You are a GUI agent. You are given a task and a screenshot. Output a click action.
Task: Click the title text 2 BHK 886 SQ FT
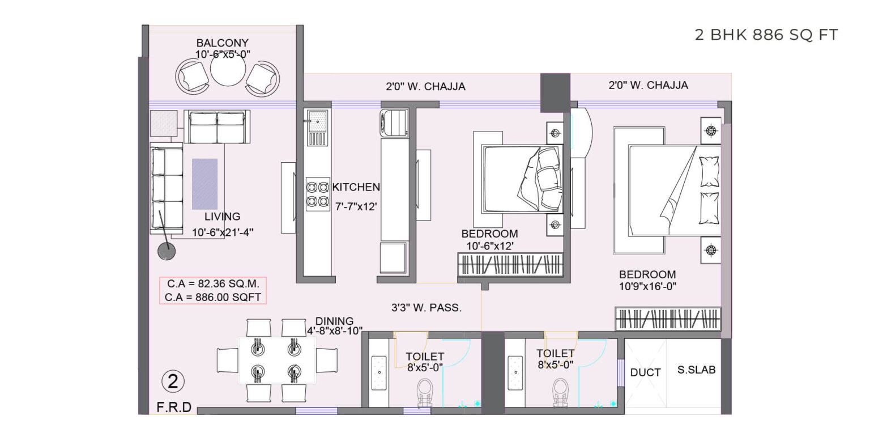click(x=766, y=35)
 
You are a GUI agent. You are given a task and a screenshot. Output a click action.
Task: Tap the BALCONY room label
click(x=222, y=43)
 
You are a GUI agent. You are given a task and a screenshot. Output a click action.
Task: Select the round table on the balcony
click(x=228, y=69)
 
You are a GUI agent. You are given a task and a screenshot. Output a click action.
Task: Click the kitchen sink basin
click(x=318, y=121)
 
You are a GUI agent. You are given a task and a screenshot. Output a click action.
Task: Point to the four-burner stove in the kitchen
click(x=318, y=194)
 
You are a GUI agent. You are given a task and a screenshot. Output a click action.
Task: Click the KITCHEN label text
click(x=356, y=187)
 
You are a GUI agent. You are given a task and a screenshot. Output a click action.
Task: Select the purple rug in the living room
click(x=204, y=184)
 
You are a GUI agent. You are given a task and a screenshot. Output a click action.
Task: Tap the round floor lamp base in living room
click(x=167, y=251)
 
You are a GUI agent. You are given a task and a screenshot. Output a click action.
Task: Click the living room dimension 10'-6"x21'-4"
click(x=223, y=232)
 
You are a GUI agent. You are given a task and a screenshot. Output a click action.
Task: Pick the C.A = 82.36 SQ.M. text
click(x=213, y=283)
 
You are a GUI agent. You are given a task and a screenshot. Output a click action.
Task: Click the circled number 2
click(x=173, y=381)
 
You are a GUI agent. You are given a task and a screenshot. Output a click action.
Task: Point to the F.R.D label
click(x=174, y=407)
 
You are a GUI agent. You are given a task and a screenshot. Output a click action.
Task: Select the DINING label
click(x=334, y=321)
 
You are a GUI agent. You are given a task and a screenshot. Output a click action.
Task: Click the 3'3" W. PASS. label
click(x=427, y=308)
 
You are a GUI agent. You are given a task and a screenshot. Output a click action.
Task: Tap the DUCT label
click(x=645, y=372)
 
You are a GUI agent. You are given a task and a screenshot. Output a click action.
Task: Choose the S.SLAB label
click(x=696, y=370)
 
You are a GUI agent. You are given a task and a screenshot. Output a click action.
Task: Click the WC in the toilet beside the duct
click(x=561, y=392)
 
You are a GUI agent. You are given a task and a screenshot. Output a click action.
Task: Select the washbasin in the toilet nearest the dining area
click(x=379, y=372)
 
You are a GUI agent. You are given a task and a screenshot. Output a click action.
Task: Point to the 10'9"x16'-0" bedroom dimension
click(x=647, y=287)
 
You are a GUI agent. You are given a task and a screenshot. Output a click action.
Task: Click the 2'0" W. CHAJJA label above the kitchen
click(x=425, y=86)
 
